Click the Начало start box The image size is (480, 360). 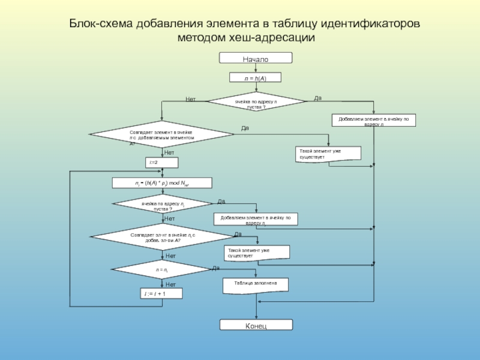pos(256,58)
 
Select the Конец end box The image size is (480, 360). pos(256,325)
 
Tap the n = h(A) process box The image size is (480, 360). pos(256,77)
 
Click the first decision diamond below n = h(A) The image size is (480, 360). pos(256,102)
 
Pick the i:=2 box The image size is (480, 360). pos(161,163)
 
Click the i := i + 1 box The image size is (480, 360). pos(161,294)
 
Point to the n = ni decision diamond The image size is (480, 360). pos(161,270)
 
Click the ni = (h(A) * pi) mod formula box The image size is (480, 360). pos(163,182)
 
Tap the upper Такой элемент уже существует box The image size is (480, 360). pos(328,153)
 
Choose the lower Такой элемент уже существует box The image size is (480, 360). pos(257,253)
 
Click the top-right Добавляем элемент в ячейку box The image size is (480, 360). pos(374,121)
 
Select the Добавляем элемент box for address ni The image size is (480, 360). pos(256,219)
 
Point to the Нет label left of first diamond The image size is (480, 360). pos(191,99)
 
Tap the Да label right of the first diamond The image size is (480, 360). pos(318,98)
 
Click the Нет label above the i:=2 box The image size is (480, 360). pos(170,153)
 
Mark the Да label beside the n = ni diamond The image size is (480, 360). pos(215,268)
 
